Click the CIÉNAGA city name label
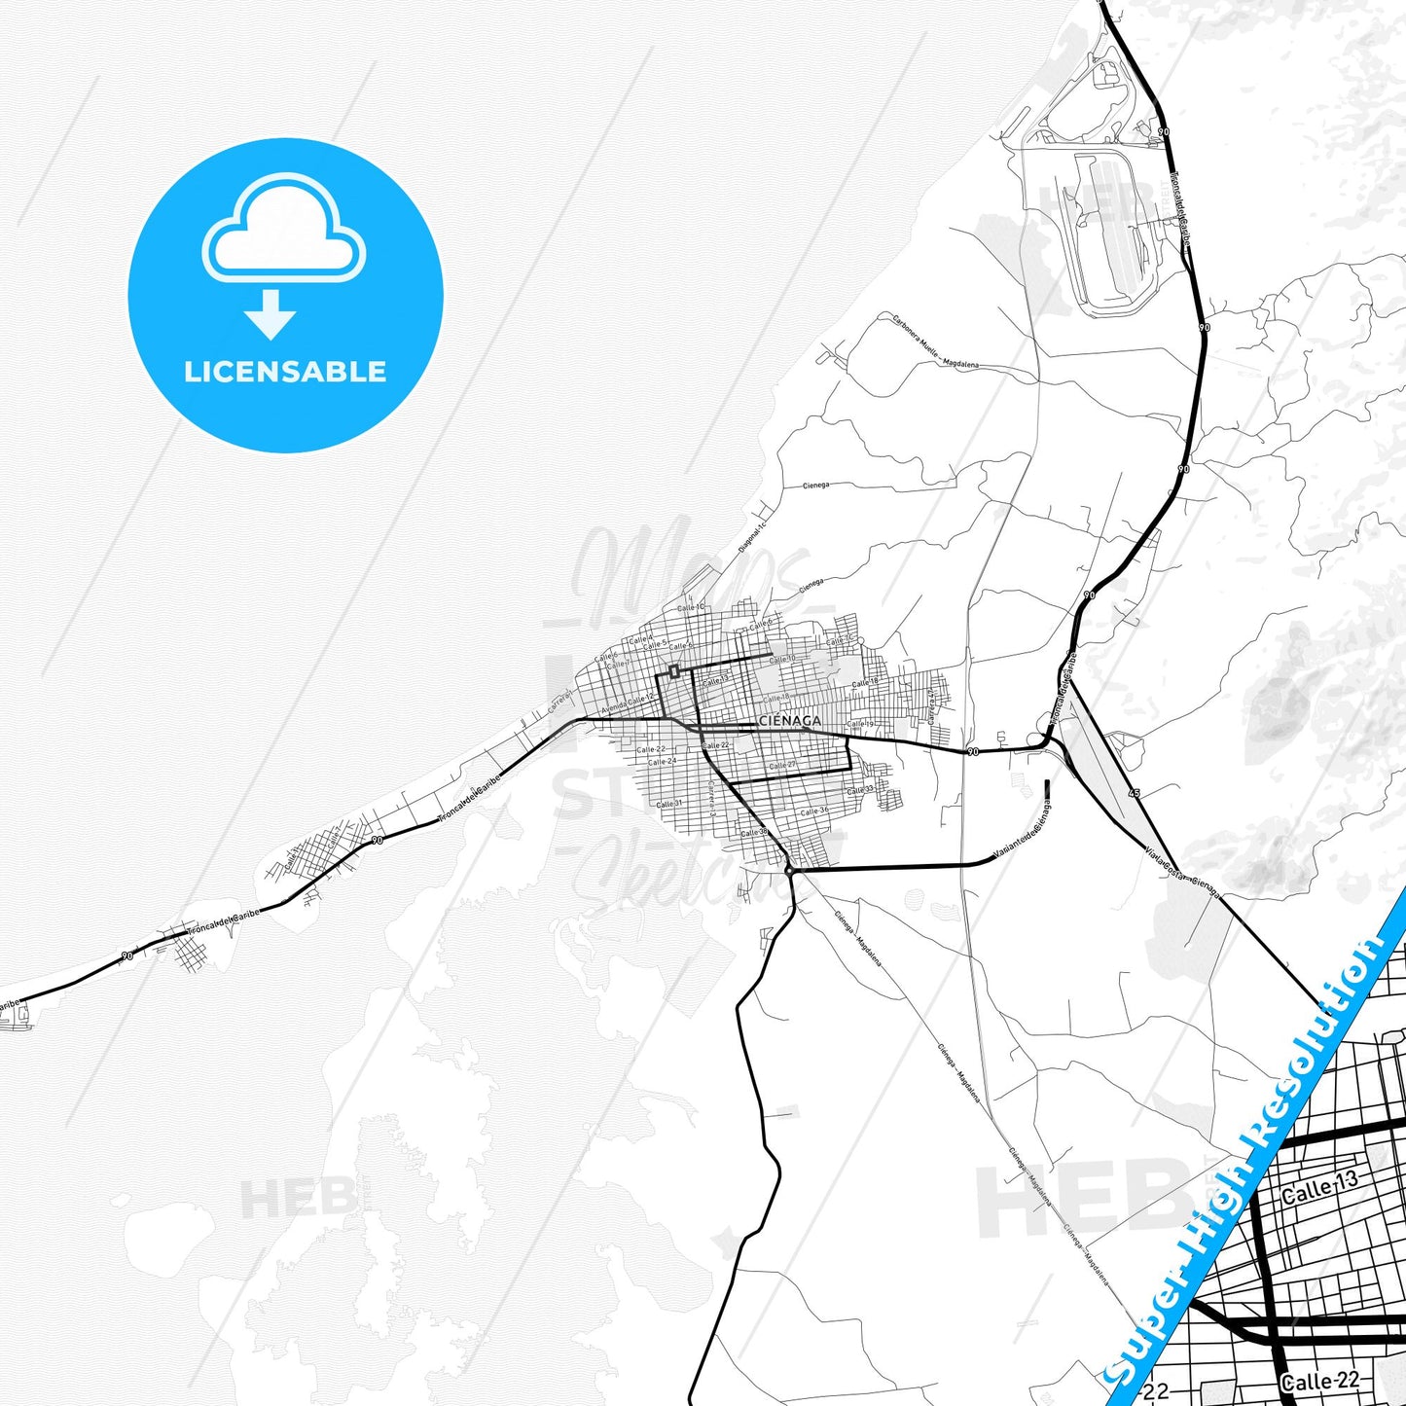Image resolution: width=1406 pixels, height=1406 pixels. tap(788, 721)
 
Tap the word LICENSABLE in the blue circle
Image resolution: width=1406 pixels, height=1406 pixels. tap(285, 372)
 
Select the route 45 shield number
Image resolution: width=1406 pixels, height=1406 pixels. tap(1134, 794)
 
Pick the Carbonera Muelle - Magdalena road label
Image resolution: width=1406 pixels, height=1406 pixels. tap(934, 342)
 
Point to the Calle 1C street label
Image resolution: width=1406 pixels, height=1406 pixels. tap(690, 608)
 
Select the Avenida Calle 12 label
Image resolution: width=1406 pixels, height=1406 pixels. tap(628, 703)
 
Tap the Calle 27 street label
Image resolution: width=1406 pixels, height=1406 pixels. tap(782, 766)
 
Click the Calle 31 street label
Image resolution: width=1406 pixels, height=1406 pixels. tap(668, 804)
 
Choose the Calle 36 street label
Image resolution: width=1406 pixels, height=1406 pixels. tap(814, 811)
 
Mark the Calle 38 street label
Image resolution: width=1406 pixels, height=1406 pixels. tap(754, 833)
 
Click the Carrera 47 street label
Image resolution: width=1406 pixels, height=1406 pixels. tap(931, 706)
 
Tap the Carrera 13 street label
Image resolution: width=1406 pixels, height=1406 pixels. tap(712, 799)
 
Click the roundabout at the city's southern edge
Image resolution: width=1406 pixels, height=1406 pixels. tap(789, 872)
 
